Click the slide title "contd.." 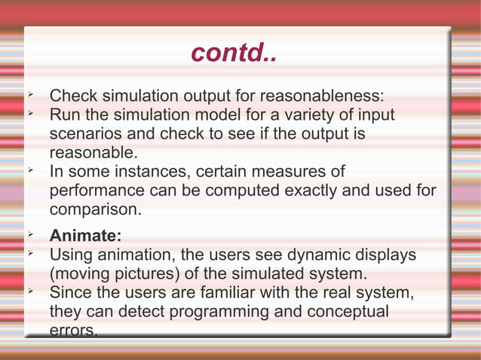coord(233,53)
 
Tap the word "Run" coord(66,115)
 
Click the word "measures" coord(305,172)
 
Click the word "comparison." coord(94,209)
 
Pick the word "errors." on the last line coord(73,330)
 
